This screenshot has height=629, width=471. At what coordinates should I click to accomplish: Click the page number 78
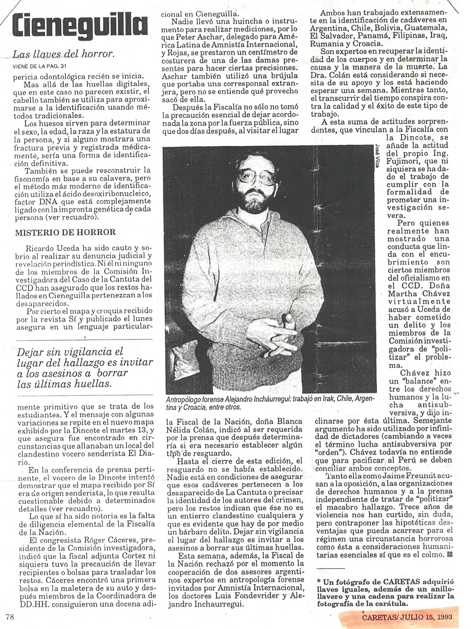(9, 615)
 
